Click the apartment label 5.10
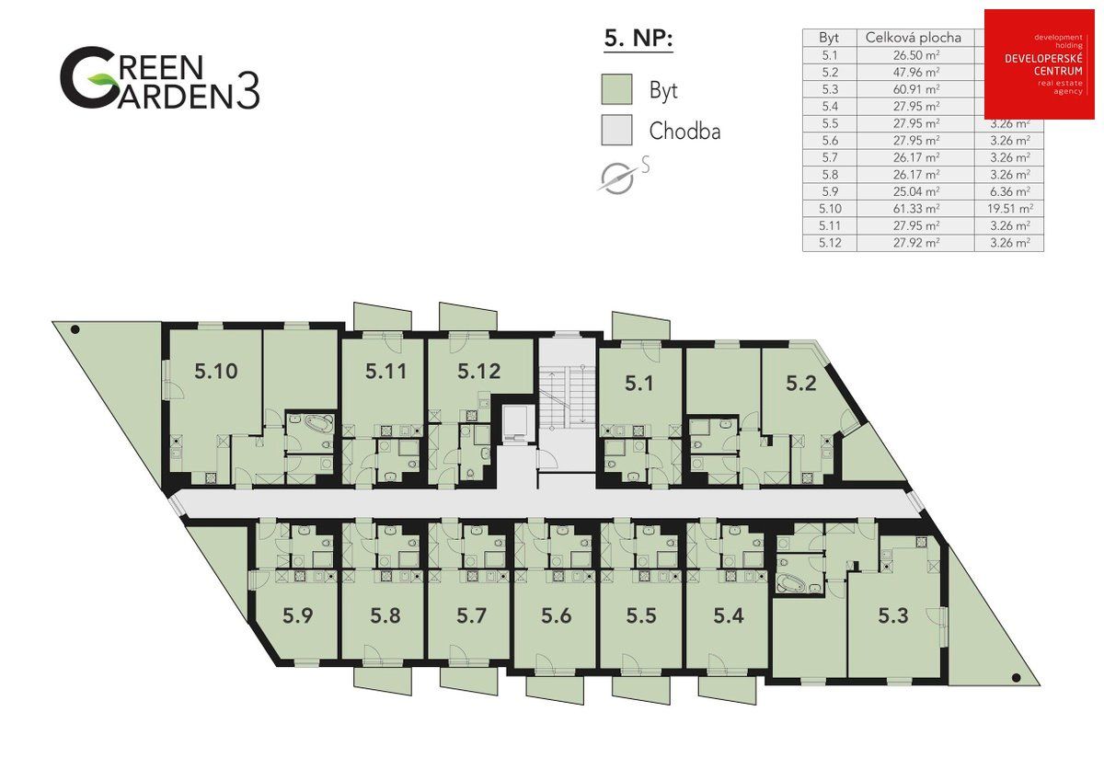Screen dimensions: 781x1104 pos(216,372)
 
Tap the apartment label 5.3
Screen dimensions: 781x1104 pos(892,615)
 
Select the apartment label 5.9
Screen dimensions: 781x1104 pos(298,616)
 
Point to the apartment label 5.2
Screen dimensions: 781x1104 pos(800,383)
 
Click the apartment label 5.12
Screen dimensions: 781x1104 pos(478,372)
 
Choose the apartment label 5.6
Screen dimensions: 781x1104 pos(556,616)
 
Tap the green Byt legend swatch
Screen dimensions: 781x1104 pos(616,91)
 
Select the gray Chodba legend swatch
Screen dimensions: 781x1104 pos(616,130)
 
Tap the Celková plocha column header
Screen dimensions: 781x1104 pos(914,38)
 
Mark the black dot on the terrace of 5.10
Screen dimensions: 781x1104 pos(75,329)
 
